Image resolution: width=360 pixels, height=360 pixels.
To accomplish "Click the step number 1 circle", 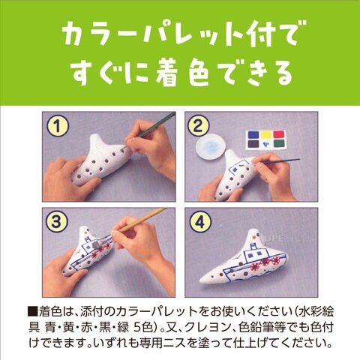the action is point(58,127).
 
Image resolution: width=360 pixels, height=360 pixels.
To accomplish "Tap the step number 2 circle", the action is point(198,126).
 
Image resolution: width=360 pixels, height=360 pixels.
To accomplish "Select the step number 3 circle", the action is point(57,221).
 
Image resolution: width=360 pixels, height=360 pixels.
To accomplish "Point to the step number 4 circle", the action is point(199,222).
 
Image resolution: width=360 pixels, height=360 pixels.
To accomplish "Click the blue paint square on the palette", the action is point(253,135).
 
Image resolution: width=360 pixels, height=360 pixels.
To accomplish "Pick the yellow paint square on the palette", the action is point(266,135).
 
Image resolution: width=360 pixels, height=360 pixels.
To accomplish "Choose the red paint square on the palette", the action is point(279,134).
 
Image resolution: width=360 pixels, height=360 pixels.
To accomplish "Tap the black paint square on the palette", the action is point(253,144).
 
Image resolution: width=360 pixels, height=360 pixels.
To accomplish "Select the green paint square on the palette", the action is point(279,143).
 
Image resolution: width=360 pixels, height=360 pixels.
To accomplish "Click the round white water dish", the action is point(212,147).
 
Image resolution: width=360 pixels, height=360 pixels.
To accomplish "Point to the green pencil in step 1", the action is point(153,128).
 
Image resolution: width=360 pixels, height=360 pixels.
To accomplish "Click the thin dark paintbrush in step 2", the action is point(278,162).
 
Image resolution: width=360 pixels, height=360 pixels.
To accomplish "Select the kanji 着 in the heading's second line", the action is point(171,73).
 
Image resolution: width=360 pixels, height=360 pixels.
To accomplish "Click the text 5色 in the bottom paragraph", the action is point(143,328).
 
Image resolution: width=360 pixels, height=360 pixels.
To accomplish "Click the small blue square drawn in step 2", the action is point(235,169).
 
